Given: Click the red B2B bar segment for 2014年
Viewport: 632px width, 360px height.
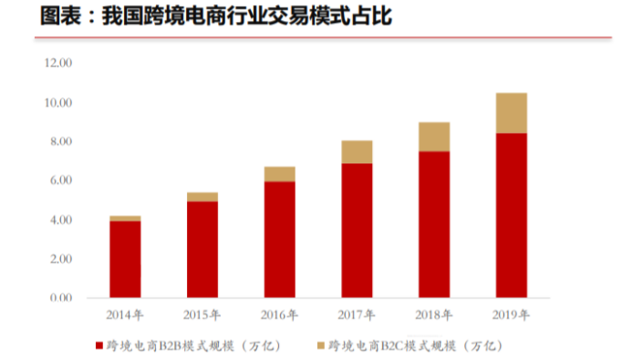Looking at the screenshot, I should [x=124, y=259].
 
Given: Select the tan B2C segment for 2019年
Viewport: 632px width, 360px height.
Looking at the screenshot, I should [x=511, y=113].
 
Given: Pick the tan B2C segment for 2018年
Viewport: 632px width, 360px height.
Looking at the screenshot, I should [x=433, y=137].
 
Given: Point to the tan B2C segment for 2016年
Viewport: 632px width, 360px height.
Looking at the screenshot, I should [x=279, y=174].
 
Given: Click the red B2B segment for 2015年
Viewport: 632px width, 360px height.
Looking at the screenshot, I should [x=202, y=249].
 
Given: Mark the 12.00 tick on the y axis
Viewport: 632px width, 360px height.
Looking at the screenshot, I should [x=58, y=63].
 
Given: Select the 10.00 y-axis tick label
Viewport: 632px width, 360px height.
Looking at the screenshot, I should [x=58, y=102].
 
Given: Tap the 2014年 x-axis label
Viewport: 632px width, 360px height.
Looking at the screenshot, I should [x=124, y=316].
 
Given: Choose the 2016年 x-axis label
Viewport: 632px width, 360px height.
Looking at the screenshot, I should [x=279, y=316].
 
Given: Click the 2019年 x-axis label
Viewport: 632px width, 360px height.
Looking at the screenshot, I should [x=511, y=316].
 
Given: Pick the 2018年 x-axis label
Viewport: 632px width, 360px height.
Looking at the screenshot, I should [x=433, y=316].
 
